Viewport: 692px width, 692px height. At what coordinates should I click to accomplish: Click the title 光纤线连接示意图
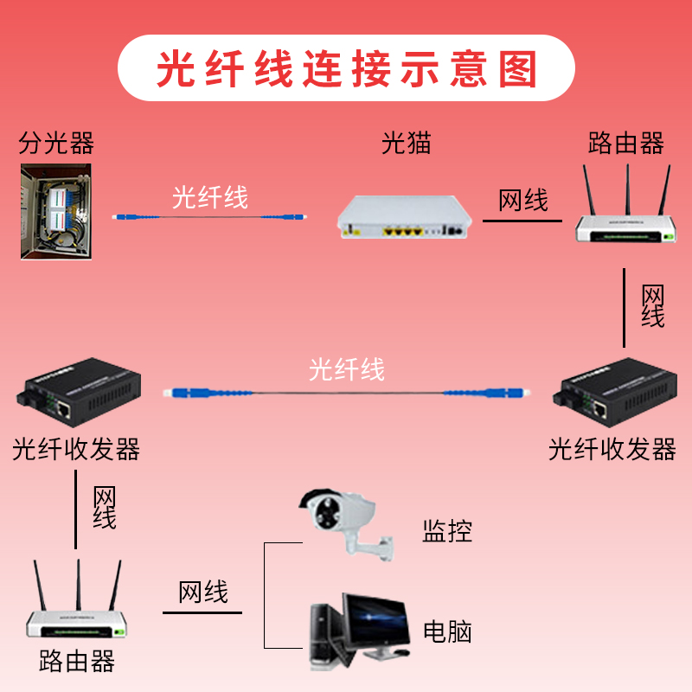[x=346, y=68]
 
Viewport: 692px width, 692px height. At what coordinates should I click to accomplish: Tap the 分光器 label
[x=56, y=143]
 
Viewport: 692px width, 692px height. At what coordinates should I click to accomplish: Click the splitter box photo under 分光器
[x=55, y=211]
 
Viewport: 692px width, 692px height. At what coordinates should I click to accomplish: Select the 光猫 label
[x=407, y=143]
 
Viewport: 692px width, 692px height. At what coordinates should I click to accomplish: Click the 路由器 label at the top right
[x=625, y=143]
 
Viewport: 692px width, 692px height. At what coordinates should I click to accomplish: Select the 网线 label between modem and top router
[x=523, y=201]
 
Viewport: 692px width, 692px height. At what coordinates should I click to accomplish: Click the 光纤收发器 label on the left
[x=76, y=449]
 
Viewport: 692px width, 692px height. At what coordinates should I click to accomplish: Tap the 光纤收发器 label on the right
[x=612, y=449]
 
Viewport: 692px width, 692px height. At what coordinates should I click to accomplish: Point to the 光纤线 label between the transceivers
[x=346, y=370]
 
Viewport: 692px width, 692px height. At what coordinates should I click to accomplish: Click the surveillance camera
[x=337, y=519]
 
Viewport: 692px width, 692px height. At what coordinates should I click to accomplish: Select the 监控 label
[x=447, y=530]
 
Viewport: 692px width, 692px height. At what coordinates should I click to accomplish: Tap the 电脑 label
[x=447, y=631]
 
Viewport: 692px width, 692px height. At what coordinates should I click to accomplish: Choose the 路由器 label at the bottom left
[x=77, y=663]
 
